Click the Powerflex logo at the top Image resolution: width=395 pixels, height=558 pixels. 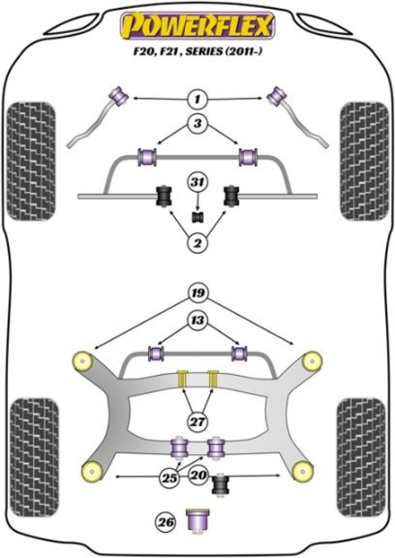click(198, 26)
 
